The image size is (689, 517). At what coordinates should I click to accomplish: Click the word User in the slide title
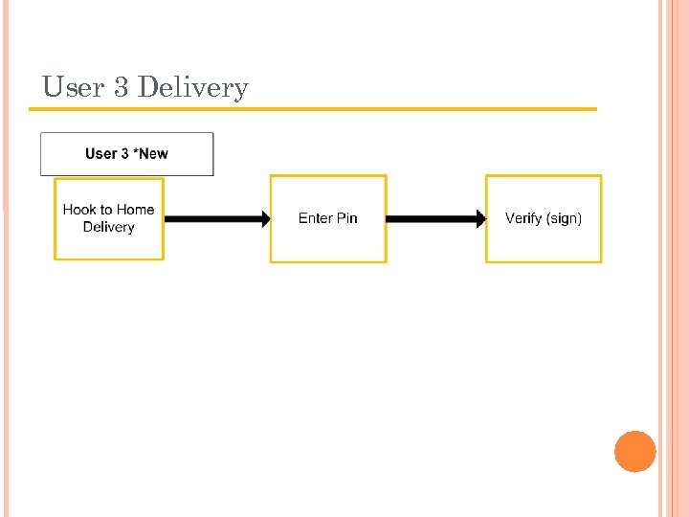click(x=73, y=87)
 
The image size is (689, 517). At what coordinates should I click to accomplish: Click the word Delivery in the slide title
click(x=192, y=88)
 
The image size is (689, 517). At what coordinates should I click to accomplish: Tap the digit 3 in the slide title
click(x=121, y=87)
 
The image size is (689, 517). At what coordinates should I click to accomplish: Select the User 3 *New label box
click(x=126, y=154)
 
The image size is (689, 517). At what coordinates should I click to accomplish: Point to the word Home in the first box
click(x=136, y=210)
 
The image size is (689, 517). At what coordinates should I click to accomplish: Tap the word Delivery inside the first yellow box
click(x=108, y=227)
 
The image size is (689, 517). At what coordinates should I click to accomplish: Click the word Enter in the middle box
click(x=315, y=218)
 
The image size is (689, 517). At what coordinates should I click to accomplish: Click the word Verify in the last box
click(x=523, y=218)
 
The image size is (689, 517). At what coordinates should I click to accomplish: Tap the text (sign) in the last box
click(x=565, y=218)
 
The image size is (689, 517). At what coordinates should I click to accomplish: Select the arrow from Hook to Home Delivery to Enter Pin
click(x=215, y=219)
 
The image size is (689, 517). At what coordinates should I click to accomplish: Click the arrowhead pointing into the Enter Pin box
click(x=263, y=219)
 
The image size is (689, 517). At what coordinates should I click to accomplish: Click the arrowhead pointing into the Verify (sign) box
click(x=478, y=219)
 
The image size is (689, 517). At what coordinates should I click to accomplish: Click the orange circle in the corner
click(x=635, y=452)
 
